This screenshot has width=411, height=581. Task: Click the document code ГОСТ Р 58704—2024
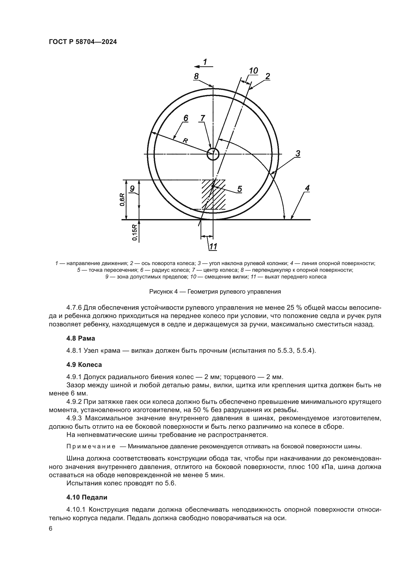pyautogui.click(x=83, y=42)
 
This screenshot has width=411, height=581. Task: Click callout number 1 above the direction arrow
pyautogui.click(x=205, y=62)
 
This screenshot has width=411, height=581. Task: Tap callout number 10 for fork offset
pyautogui.click(x=253, y=71)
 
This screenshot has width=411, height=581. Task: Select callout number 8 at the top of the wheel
pyautogui.click(x=196, y=76)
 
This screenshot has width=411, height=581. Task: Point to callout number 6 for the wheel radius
pyautogui.click(x=186, y=118)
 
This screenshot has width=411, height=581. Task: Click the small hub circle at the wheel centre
pyautogui.click(x=213, y=154)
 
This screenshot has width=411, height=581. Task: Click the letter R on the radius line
pyautogui.click(x=185, y=141)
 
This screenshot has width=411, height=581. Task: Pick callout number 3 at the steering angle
pyautogui.click(x=298, y=153)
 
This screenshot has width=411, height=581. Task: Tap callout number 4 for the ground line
pyautogui.click(x=307, y=188)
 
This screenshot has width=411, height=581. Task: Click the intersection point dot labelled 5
pyautogui.click(x=213, y=186)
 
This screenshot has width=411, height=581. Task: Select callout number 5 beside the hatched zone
pyautogui.click(x=239, y=189)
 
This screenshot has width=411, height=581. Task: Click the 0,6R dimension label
pyautogui.click(x=123, y=200)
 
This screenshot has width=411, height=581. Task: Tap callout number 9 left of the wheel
pyautogui.click(x=132, y=189)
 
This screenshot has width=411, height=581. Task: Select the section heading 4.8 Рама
pyautogui.click(x=81, y=338)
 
